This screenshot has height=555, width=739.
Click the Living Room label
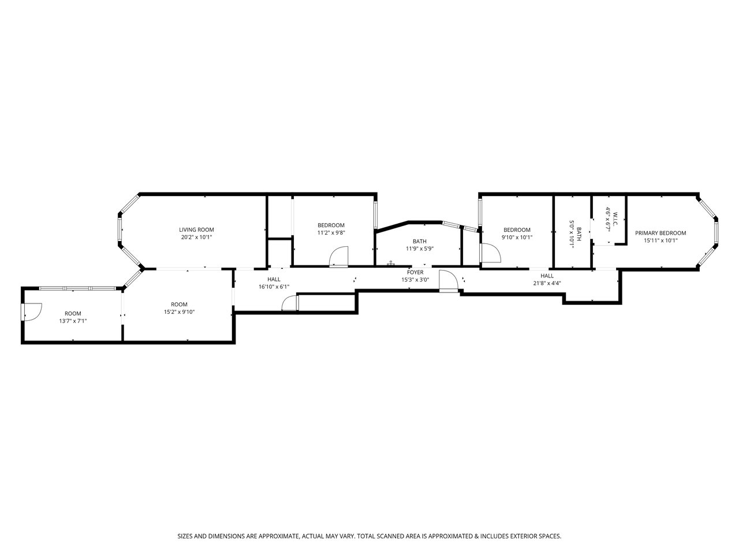(196, 230)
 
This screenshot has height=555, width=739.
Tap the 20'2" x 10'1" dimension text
(196, 237)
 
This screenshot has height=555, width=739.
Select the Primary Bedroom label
(660, 233)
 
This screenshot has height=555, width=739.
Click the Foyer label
(415, 272)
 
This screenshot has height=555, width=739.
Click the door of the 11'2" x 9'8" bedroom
(338, 257)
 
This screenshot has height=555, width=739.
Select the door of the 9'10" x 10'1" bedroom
(491, 253)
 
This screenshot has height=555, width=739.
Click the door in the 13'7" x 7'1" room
(32, 312)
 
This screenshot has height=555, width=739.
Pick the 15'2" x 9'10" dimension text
(179, 312)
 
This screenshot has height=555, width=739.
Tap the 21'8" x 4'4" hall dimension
(547, 283)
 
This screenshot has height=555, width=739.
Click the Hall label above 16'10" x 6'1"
(274, 279)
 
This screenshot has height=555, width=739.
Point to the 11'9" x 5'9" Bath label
(420, 241)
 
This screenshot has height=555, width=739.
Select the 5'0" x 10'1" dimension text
(572, 234)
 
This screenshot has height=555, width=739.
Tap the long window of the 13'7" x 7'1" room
(77, 288)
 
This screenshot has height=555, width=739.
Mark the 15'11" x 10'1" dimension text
(660, 240)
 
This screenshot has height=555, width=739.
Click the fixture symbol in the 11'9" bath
(391, 263)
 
